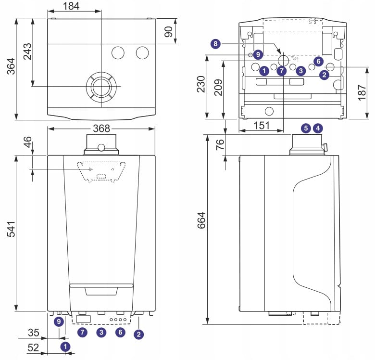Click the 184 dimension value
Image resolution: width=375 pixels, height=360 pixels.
71,6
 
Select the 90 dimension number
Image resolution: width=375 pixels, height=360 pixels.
168,32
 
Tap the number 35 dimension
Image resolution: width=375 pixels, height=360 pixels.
33,332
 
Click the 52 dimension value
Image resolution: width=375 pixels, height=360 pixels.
33,348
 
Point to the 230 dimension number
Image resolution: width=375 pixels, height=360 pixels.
200,84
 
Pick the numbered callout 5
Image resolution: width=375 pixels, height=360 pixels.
306,128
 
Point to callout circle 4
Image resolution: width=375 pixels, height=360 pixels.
317,128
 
